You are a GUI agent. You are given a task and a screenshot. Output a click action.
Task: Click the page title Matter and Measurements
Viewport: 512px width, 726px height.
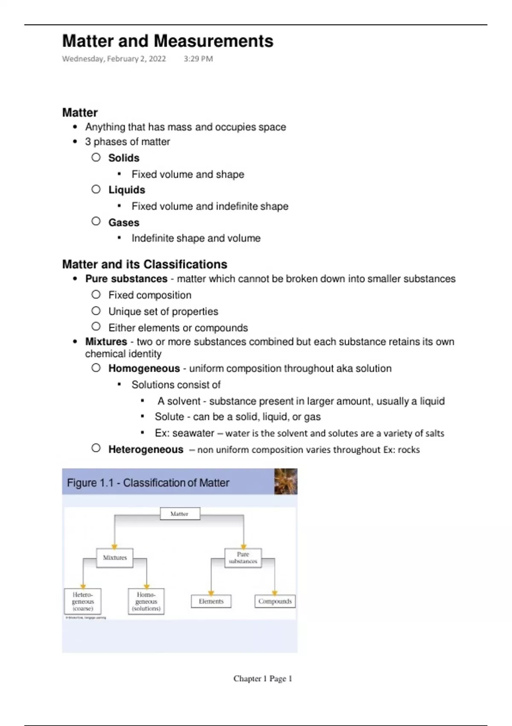(x=168, y=41)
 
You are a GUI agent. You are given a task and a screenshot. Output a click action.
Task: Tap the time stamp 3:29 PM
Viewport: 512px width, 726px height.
(x=198, y=59)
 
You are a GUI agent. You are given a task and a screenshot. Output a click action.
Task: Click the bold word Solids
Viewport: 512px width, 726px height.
(x=124, y=158)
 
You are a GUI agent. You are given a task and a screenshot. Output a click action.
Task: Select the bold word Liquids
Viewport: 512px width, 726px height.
(x=127, y=190)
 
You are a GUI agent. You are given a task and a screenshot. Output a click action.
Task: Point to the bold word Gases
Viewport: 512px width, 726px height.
(x=124, y=222)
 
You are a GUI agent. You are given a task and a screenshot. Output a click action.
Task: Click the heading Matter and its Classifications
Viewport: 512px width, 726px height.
(x=145, y=264)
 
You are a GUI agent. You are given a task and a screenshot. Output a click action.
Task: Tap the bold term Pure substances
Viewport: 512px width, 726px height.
(x=126, y=279)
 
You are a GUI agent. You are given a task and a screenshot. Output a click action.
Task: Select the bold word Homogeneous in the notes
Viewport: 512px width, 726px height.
(x=144, y=369)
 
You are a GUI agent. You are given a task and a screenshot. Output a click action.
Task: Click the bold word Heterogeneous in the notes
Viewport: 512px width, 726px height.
(x=146, y=450)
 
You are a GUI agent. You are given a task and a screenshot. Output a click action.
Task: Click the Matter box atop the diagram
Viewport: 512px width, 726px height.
(x=180, y=514)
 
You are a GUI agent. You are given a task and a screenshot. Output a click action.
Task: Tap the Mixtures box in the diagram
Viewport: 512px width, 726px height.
(x=115, y=558)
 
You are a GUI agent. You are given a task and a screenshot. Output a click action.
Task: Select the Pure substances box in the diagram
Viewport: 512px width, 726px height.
(x=243, y=558)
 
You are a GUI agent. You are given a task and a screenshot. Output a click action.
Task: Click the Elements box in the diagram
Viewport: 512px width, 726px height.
(x=211, y=601)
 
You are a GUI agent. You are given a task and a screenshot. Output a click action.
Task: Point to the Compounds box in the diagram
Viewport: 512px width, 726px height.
(x=275, y=601)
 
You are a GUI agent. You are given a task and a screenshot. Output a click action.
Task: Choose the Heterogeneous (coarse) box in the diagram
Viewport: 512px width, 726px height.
(x=83, y=601)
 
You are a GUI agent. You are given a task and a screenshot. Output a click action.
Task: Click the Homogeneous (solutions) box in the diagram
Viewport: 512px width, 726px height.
(x=146, y=601)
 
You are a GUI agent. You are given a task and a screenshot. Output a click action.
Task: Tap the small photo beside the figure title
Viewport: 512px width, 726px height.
(x=285, y=481)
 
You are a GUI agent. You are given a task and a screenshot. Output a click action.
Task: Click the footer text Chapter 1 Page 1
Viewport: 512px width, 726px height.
(x=262, y=679)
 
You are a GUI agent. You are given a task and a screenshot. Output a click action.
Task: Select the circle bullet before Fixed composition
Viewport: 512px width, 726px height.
(x=96, y=295)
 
